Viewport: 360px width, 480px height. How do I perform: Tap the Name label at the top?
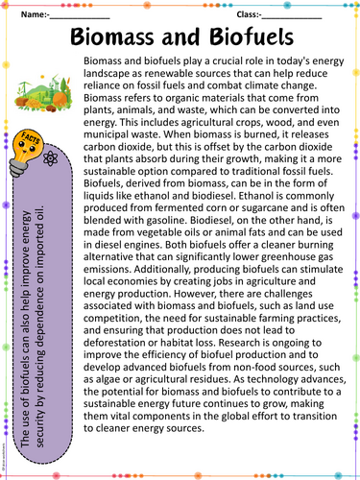point(31,15)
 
